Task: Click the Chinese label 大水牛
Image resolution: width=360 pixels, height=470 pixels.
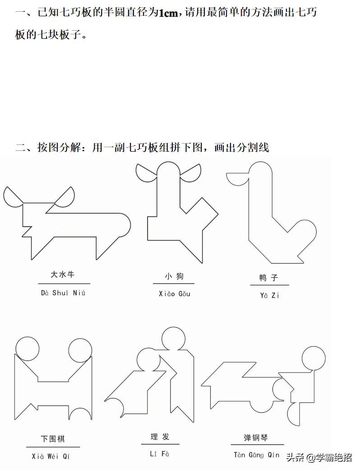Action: point(62,275)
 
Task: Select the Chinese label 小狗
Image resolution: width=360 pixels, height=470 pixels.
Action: point(174,276)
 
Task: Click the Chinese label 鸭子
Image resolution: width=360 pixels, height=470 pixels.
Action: point(269,278)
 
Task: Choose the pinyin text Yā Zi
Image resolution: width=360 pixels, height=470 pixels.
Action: point(269,296)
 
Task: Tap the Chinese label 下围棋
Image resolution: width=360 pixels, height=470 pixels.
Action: point(53,438)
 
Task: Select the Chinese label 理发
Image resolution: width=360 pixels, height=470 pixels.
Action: point(160,437)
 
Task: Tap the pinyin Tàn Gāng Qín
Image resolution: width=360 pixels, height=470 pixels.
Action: point(256,455)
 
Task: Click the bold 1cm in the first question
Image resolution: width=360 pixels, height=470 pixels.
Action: point(169,13)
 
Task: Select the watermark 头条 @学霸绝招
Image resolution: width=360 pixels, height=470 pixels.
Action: point(319,458)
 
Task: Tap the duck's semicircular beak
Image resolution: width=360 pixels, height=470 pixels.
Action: point(237,178)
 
